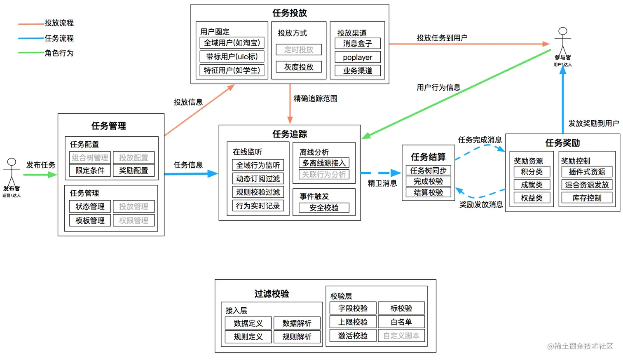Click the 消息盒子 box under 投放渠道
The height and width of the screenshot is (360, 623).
(357, 43)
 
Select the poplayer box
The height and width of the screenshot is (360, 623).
(357, 57)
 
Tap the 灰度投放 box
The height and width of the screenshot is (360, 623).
(299, 67)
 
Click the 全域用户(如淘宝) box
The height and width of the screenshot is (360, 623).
(232, 43)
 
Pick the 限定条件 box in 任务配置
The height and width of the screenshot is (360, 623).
(90, 171)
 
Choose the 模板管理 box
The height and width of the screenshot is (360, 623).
(90, 220)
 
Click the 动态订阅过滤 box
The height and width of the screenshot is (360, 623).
(258, 179)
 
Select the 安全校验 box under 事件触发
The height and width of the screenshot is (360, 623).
(324, 208)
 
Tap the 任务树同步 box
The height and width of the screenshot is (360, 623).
(428, 171)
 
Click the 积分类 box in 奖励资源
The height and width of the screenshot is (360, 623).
(532, 172)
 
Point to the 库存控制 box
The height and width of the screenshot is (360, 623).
(587, 198)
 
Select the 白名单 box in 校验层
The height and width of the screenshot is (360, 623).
(401, 322)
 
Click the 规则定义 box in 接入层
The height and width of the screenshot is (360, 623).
(248, 337)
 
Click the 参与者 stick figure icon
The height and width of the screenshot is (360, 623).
(562, 41)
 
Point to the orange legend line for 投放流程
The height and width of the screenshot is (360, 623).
(31, 24)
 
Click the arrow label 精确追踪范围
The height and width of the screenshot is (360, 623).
(315, 98)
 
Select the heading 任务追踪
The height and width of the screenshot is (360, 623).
(289, 134)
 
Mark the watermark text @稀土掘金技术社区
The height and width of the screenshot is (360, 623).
(580, 346)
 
